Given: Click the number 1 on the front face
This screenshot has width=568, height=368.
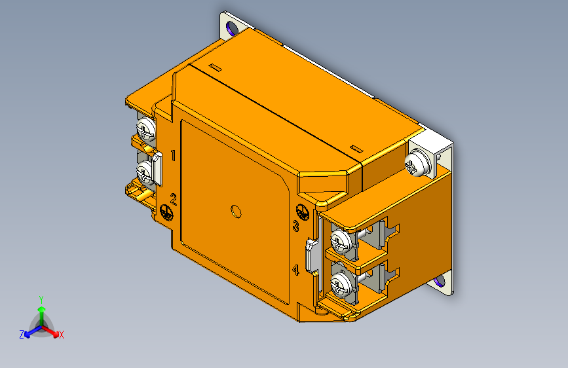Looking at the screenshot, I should (174, 155).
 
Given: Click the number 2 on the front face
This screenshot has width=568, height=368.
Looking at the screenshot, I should (174, 199).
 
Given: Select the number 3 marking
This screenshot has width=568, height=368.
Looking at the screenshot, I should (295, 227).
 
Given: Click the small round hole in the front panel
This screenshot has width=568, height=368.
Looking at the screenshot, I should (235, 211).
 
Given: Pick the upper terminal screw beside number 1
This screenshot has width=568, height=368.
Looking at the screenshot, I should (145, 127).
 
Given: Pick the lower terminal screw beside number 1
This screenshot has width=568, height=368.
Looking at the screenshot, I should (144, 173).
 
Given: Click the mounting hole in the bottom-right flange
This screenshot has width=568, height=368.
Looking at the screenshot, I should (439, 282).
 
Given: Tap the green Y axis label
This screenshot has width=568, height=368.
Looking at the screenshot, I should (41, 298).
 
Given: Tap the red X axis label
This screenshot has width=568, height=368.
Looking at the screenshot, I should (62, 335).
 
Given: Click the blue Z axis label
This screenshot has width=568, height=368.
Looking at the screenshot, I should (22, 334).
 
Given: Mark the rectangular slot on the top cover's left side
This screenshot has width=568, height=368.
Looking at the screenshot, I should (215, 67).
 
